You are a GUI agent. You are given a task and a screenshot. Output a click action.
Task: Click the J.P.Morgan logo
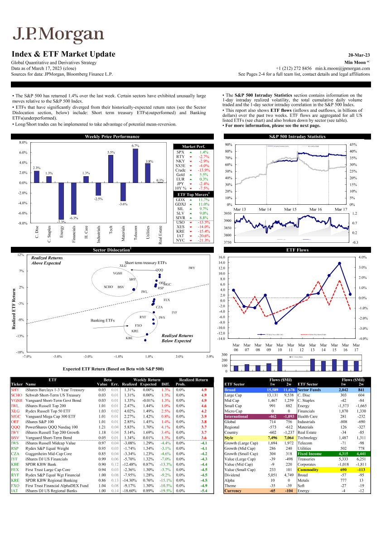click(58, 34)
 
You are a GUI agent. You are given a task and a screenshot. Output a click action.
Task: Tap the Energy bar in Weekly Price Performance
click(61, 201)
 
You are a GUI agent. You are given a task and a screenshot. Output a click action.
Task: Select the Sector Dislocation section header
click(112, 250)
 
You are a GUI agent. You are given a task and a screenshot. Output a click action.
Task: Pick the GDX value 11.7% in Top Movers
click(203, 200)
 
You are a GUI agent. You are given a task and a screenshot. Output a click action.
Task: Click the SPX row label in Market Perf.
click(180, 153)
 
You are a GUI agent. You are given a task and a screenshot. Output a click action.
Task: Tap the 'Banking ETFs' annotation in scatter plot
click(103, 321)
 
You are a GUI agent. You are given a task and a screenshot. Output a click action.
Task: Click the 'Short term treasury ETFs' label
click(145, 263)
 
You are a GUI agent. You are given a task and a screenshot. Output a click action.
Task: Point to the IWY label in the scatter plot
click(192, 268)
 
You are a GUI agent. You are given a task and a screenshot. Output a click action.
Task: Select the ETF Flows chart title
click(297, 250)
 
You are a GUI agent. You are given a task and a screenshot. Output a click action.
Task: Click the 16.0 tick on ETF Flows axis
click(222, 257)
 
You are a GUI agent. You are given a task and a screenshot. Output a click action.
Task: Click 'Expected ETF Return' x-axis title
click(113, 369)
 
